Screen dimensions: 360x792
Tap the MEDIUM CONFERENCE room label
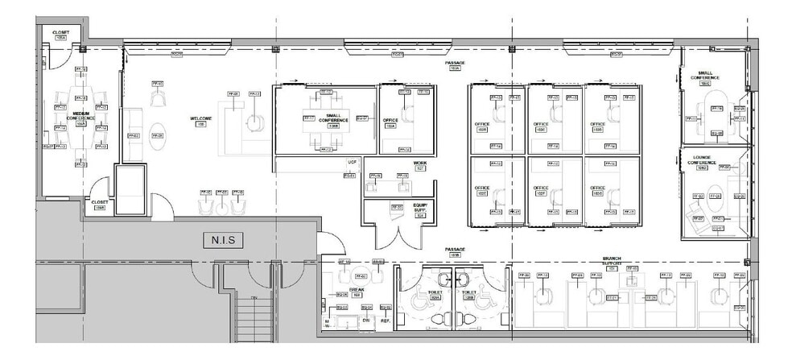(80, 116)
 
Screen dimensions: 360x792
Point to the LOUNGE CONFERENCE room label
(703, 163)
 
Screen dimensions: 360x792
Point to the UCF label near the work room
(352, 162)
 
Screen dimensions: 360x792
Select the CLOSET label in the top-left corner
(60, 34)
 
